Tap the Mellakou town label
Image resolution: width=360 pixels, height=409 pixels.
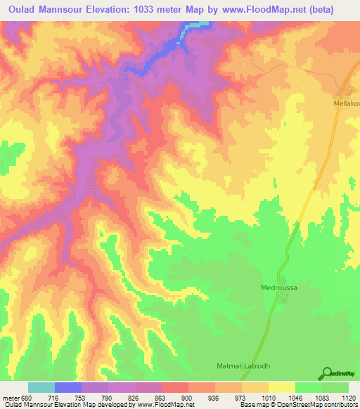[x=345, y=103]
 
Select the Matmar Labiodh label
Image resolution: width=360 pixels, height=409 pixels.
[x=243, y=367]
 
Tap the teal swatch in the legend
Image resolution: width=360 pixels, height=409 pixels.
[x=41, y=387]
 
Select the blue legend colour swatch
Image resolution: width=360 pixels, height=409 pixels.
[x=68, y=387]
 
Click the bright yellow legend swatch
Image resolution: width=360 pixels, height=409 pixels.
[x=281, y=387]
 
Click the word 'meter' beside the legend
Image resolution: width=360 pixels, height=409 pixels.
[x=11, y=397]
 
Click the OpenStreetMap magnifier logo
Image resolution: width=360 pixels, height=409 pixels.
[x=326, y=373]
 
